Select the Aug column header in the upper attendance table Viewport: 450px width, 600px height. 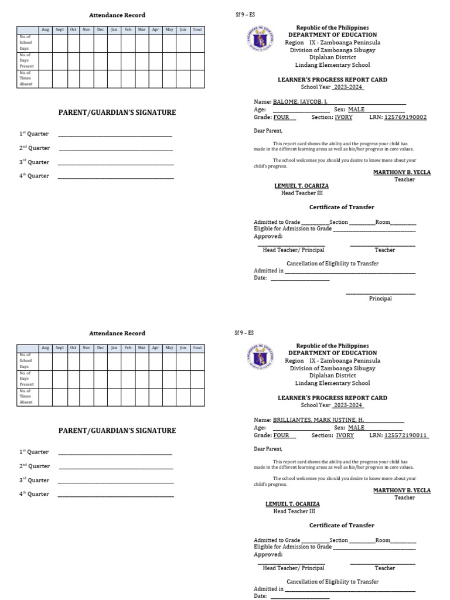(45, 29)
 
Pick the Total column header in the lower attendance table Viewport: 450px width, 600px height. (197, 347)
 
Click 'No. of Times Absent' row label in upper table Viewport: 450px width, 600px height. (26, 79)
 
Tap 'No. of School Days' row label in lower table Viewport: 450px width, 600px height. (26, 361)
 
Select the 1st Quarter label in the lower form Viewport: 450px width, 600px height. (34, 452)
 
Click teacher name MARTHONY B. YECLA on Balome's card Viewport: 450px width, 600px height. (402, 172)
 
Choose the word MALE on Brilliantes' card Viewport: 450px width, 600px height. (356, 428)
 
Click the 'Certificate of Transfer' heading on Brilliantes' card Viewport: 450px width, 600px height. (342, 526)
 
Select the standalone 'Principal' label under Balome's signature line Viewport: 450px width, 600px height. (380, 299)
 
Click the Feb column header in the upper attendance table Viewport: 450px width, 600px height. (128, 29)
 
